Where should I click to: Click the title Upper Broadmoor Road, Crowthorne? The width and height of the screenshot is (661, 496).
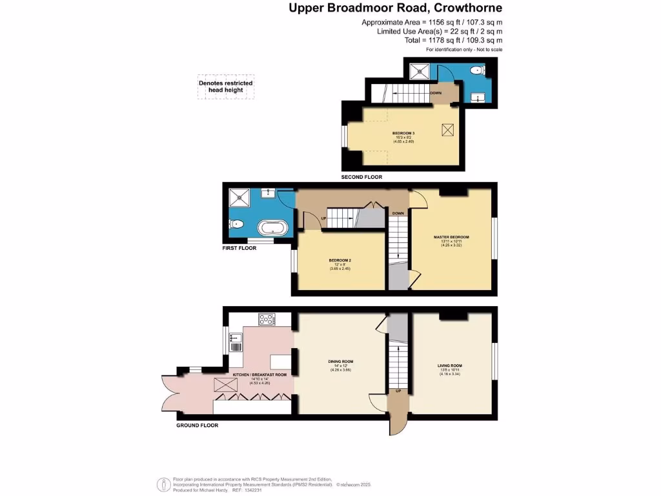[395, 8]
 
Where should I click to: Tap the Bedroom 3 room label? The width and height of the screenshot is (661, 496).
[403, 134]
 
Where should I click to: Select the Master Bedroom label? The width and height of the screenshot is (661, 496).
[451, 237]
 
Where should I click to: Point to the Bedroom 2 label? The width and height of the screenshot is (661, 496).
[340, 260]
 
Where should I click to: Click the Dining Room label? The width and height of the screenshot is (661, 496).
[340, 361]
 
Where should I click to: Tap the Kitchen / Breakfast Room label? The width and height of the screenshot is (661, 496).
[259, 374]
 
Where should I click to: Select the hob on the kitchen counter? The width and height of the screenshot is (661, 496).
[267, 318]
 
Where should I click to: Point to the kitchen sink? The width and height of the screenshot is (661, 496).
[234, 338]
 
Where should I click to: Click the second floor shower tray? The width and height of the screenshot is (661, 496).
[418, 70]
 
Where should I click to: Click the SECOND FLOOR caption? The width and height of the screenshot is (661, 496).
[362, 177]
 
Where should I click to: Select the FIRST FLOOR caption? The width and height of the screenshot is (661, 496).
[239, 248]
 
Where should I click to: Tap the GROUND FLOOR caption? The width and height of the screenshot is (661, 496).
[197, 426]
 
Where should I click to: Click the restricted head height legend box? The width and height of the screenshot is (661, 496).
[226, 87]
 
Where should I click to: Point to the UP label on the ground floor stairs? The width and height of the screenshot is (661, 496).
[398, 391]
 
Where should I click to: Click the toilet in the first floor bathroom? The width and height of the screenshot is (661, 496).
[236, 225]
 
